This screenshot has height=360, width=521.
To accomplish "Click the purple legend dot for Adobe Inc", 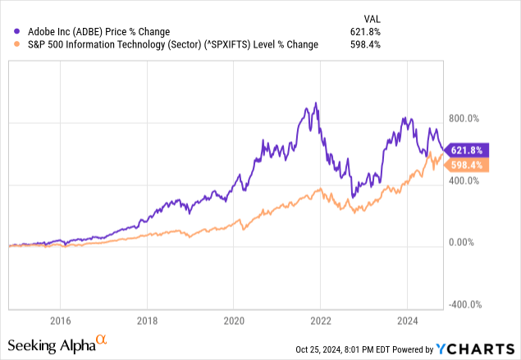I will [x=9, y=31].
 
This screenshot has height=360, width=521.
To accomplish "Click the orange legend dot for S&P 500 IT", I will [x=9, y=44].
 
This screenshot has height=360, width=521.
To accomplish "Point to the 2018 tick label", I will [x=147, y=320].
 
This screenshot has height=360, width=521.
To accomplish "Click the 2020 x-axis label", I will [x=234, y=320].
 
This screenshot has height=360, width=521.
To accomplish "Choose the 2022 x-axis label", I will [x=321, y=320].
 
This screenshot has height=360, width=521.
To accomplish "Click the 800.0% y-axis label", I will [x=464, y=123].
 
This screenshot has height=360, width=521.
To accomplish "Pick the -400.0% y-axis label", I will [x=464, y=304].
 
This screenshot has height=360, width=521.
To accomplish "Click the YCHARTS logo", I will [x=482, y=348].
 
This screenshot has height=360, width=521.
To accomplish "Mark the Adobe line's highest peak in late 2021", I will [x=317, y=103].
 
